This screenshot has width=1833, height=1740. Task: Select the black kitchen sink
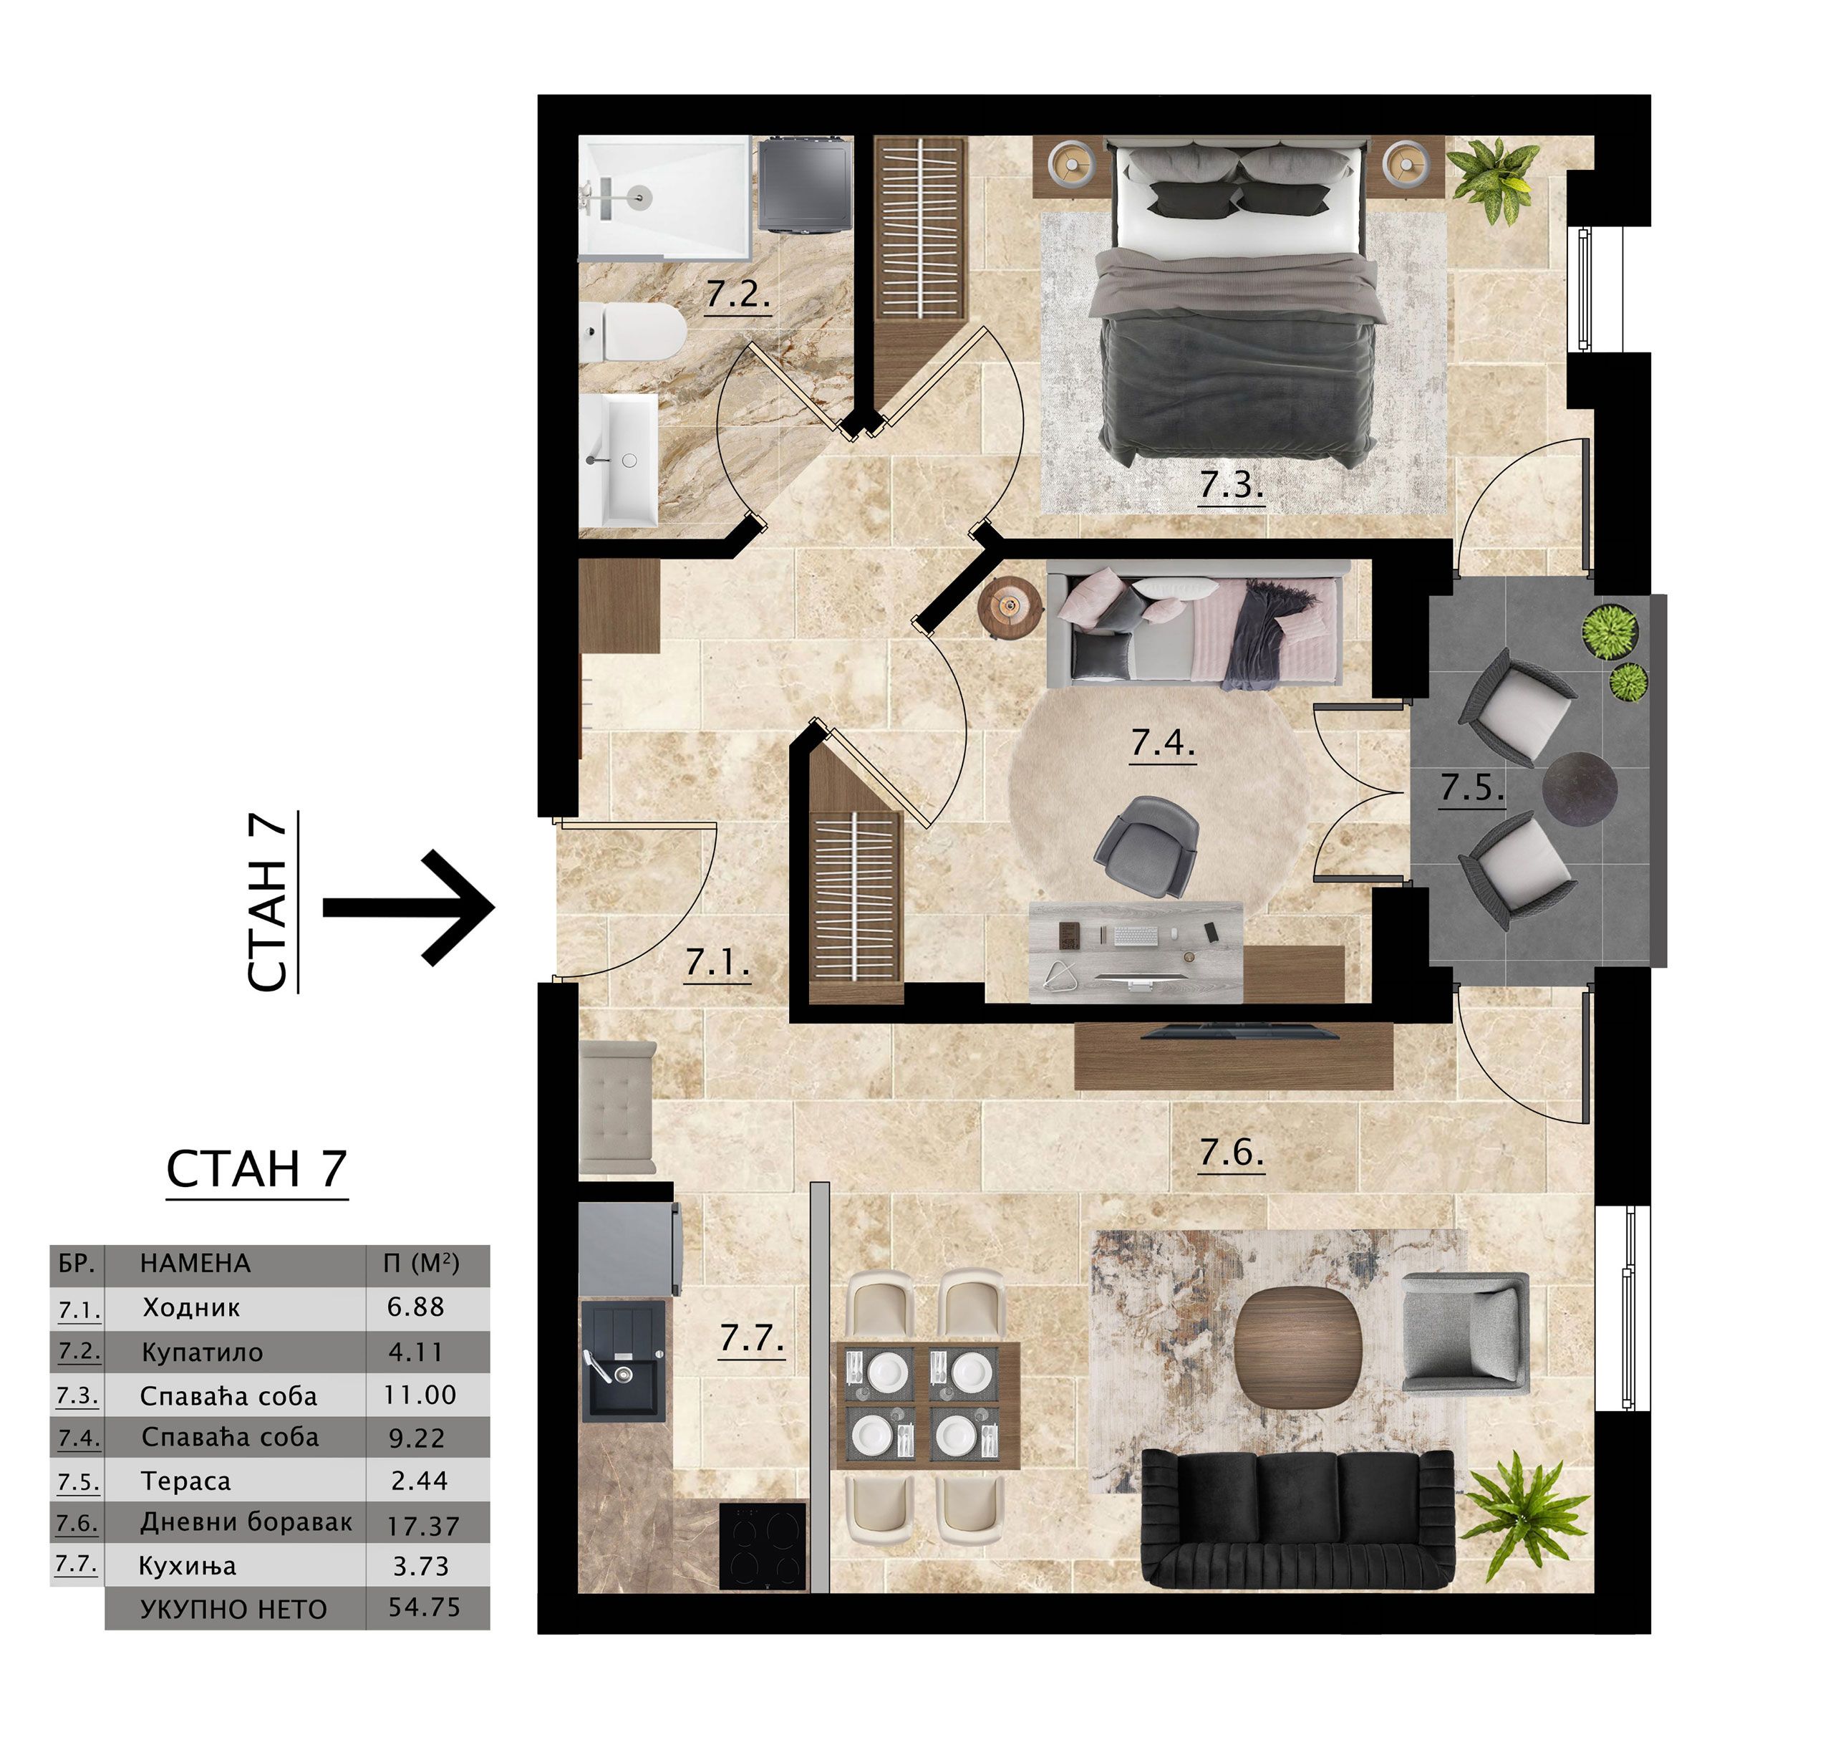pos(623,1360)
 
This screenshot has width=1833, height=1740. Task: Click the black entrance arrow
pos(408,908)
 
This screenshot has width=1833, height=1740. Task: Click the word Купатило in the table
pos(202,1353)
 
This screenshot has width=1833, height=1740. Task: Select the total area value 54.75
pos(424,1607)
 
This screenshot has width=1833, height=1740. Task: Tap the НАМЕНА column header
pos(195,1263)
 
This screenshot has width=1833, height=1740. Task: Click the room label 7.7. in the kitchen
pos(752,1338)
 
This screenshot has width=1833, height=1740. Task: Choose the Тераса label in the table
pos(185,1481)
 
